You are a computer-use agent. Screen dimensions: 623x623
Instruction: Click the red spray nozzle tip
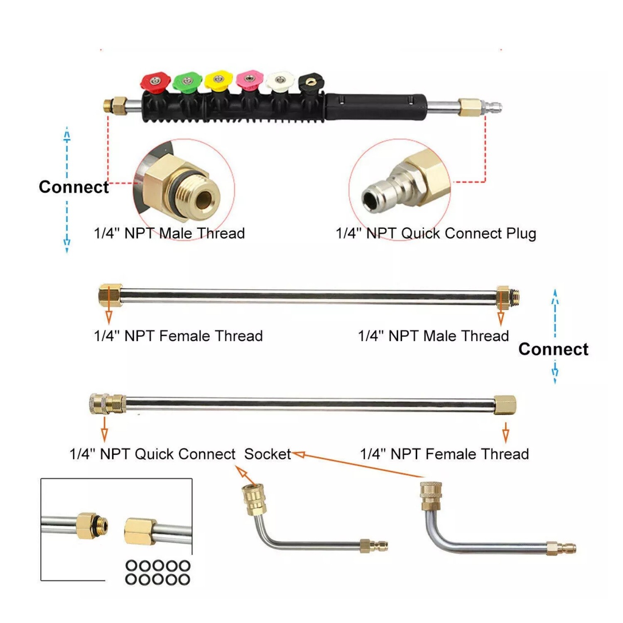(x=155, y=81)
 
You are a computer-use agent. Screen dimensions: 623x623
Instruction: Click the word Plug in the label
(x=521, y=234)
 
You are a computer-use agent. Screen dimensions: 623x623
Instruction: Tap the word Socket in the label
(x=267, y=454)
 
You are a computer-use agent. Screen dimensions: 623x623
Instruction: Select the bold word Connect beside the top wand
(x=74, y=187)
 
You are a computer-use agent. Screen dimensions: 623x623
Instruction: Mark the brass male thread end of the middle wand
(x=508, y=297)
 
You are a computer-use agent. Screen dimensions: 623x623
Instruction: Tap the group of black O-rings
(x=158, y=572)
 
